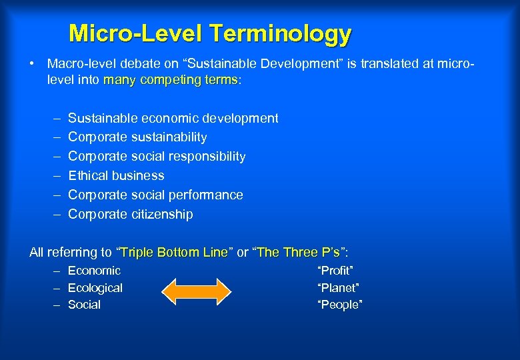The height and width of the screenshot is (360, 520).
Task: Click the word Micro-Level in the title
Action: tap(137, 33)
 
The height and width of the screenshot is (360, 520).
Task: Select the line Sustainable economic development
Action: tap(173, 118)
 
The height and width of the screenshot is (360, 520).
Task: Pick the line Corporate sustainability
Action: tap(137, 137)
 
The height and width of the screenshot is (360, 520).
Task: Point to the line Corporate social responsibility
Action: tap(157, 157)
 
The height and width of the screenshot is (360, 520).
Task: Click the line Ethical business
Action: tap(116, 176)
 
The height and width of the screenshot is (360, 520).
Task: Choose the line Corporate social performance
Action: tap(155, 195)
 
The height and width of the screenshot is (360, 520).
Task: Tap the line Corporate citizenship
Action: tap(131, 215)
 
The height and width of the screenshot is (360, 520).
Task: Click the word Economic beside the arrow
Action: tap(94, 271)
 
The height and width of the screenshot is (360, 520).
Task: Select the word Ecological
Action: tap(95, 288)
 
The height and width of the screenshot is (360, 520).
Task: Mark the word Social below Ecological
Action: tap(84, 305)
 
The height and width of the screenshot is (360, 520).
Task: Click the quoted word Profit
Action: tap(335, 271)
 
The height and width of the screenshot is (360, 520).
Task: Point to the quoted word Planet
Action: tap(338, 288)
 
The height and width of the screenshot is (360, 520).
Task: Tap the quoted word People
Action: tap(340, 305)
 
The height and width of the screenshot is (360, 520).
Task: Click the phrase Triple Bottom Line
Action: tap(173, 253)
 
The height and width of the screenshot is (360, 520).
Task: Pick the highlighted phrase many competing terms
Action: tap(171, 80)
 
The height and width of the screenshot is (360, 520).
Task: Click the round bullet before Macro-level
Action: tap(32, 64)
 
